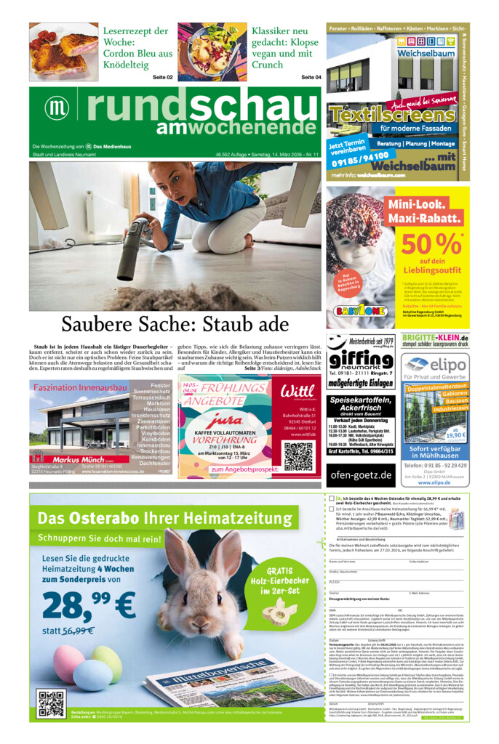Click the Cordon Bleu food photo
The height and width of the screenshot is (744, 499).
[x=63, y=52]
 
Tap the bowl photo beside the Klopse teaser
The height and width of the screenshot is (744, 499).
[x=211, y=52]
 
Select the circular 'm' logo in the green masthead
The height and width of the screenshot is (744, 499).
[x=56, y=108]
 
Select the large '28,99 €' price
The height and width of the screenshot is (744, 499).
[x=88, y=604]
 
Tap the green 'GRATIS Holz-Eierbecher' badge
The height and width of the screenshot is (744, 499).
[x=280, y=581]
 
